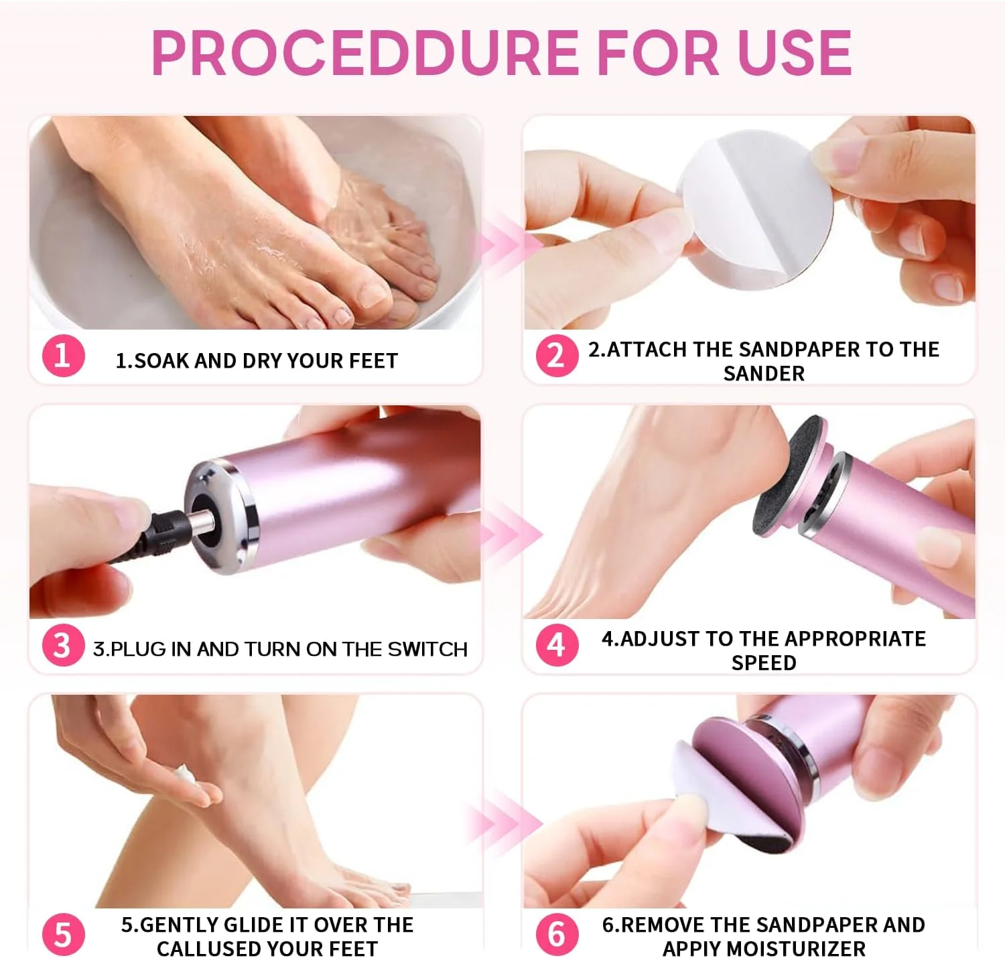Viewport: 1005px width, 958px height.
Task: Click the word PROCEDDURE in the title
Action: point(365,53)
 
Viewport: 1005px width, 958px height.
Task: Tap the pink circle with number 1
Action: point(63,356)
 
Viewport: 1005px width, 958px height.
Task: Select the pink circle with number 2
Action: point(557,356)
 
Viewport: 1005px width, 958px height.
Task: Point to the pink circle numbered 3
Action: point(63,645)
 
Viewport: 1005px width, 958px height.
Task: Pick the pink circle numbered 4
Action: point(557,645)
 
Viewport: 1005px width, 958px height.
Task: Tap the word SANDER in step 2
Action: point(764,374)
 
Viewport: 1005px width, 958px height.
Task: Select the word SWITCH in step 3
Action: point(427,649)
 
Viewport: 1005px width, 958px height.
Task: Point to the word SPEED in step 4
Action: point(764,663)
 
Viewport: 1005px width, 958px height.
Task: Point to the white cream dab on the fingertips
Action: point(188,780)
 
